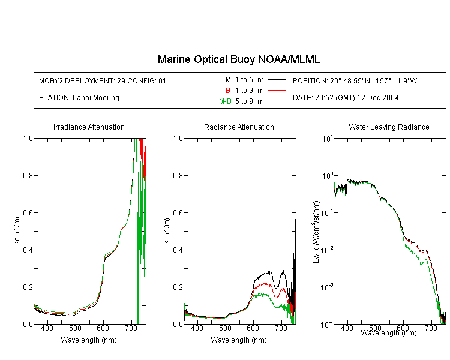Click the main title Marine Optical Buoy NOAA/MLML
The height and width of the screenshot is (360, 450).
point(239,59)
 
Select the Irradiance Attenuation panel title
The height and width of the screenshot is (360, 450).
point(89,127)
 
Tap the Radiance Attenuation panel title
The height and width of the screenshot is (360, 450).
point(239,127)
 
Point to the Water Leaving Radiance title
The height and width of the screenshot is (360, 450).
point(389,127)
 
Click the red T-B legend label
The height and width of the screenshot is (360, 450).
point(224,91)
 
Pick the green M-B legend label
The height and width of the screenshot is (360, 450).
point(225,101)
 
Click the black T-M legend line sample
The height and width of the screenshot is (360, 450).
point(277,80)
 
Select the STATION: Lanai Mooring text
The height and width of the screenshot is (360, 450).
point(79,98)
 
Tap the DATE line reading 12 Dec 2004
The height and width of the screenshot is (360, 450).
point(346,98)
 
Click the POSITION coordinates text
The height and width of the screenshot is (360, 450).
point(355,80)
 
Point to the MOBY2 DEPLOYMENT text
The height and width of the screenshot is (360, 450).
point(103,80)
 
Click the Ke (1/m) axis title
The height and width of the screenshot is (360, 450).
point(17,231)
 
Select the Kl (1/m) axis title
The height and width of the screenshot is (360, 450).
point(167,231)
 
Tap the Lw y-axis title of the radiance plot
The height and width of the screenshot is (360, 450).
point(316,232)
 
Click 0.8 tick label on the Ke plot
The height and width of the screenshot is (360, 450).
point(28,175)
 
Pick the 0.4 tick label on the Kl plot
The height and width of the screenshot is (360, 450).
point(178,250)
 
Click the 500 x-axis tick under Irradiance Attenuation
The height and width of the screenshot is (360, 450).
point(75,328)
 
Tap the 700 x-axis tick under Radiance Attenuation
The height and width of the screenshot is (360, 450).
point(281,328)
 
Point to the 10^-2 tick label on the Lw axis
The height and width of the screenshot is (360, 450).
point(327,249)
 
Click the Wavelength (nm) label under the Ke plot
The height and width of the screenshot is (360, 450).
point(89,340)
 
